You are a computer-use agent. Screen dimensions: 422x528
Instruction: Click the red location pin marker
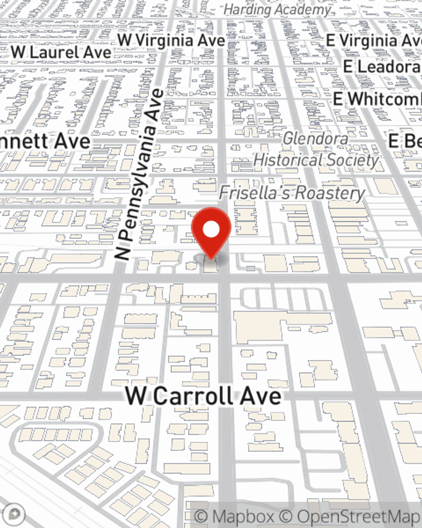[x=211, y=233]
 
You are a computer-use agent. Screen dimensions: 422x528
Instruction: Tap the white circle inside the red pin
[x=211, y=229]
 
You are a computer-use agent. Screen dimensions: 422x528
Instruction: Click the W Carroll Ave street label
[x=203, y=396]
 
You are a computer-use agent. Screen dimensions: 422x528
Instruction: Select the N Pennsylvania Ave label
[x=139, y=174]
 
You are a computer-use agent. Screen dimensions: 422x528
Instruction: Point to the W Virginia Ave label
[x=171, y=41]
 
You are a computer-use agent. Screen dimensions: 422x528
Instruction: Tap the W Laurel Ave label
[x=61, y=52]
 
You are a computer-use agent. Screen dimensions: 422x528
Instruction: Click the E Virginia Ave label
[x=373, y=41]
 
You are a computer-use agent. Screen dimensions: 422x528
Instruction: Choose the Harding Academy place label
[x=277, y=9]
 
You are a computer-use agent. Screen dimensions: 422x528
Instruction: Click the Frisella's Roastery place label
[x=292, y=193]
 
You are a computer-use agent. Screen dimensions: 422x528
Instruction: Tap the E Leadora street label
[x=382, y=67]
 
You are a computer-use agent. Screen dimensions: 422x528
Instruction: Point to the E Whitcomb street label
[x=377, y=99]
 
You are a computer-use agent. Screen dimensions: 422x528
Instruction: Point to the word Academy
[x=303, y=9]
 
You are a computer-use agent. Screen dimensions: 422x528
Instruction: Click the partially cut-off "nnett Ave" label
[x=44, y=141]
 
